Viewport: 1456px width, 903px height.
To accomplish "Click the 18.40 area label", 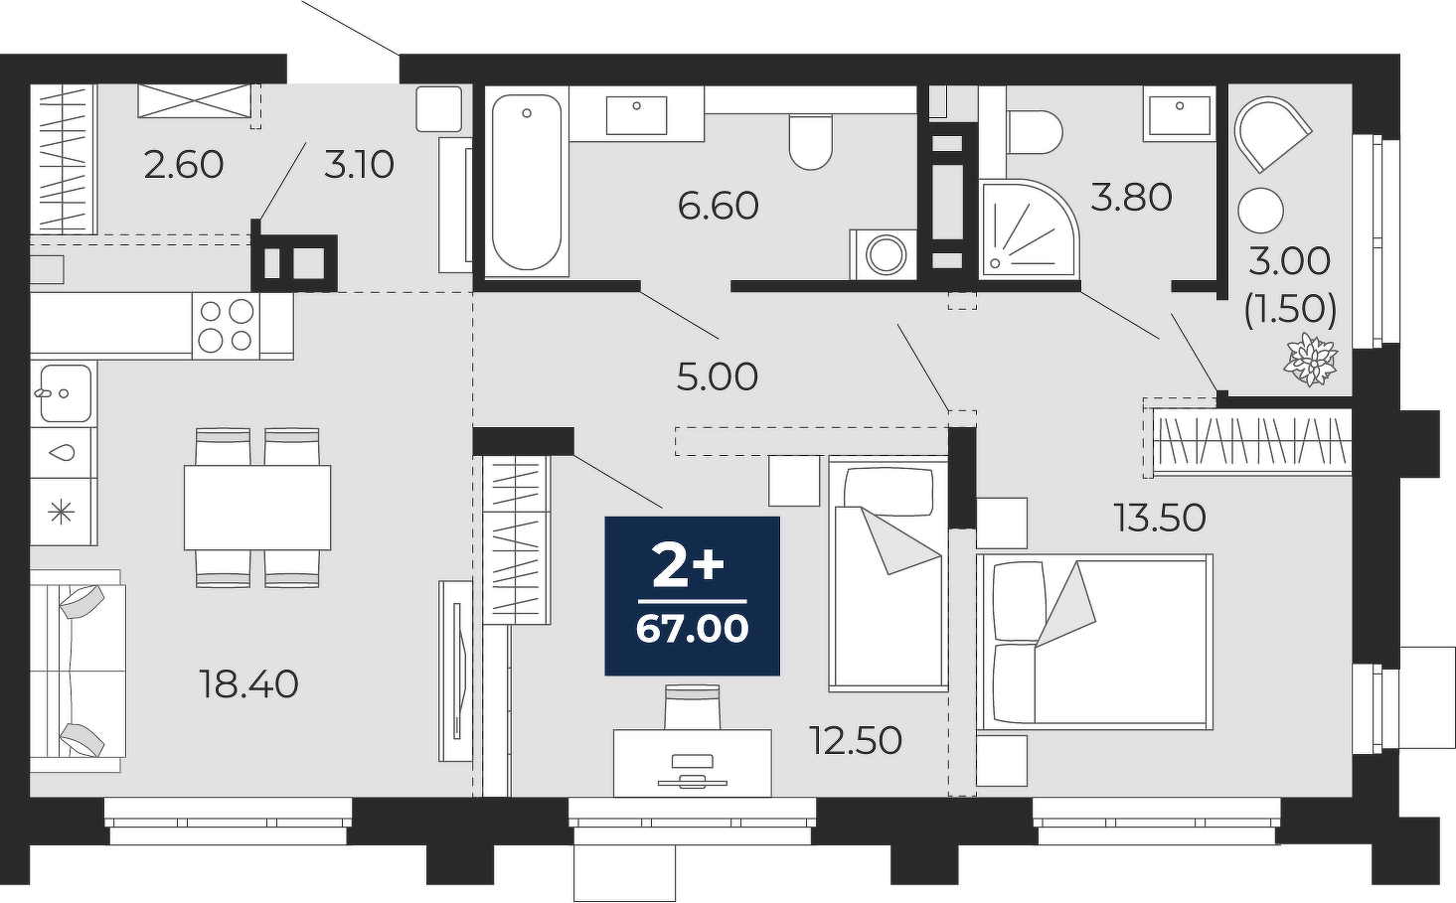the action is pos(249,684).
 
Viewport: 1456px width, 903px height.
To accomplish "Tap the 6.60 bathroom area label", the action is pos(719,206).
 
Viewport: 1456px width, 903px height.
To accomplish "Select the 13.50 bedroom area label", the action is pos(1160,518).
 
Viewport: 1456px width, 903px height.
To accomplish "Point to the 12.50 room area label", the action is pos(856,740).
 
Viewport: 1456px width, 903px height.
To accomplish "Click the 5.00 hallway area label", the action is pos(718,376).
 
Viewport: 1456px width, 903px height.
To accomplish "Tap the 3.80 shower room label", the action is pos(1132,197).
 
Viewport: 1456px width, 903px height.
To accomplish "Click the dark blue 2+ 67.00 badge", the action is pos(693,596).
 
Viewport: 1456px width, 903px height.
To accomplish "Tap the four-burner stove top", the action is pos(226,326).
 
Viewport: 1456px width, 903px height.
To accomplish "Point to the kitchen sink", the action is pos(64,393).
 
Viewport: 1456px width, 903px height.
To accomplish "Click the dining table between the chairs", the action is pos(257,508).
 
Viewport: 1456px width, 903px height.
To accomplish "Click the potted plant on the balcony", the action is pos(1310,360).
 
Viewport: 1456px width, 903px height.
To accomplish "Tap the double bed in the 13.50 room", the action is pos(1095,642).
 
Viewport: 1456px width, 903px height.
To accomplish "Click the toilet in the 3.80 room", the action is pos(1035,132).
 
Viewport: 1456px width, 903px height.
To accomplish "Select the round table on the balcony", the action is pos(1261,211).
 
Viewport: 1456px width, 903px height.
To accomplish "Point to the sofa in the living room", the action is pos(77,672).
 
